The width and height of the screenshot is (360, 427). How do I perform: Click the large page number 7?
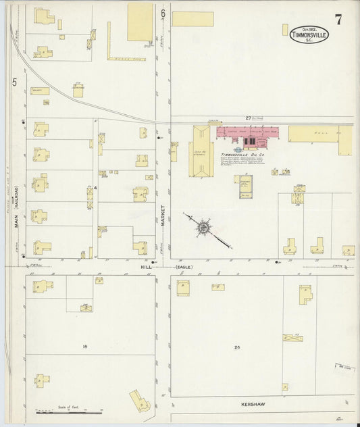coord(338,19)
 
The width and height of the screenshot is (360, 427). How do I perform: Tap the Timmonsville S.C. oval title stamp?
coord(305,33)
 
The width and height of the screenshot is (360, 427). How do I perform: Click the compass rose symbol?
coord(203,227)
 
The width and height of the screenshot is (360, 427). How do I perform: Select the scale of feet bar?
coord(68,411)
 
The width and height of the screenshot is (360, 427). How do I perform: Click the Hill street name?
coord(146,267)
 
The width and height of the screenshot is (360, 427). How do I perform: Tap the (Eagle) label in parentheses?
coord(184,267)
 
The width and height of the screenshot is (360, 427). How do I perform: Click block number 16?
coord(85,347)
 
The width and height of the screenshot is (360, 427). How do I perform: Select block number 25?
coord(237,347)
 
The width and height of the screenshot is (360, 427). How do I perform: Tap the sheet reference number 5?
coord(14,82)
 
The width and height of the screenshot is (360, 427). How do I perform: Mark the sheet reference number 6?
coord(163,13)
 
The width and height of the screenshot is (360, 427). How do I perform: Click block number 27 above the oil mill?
coord(248,118)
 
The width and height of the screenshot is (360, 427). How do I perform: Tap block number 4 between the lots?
coord(96,187)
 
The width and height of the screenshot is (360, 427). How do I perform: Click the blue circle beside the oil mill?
coord(238,150)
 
